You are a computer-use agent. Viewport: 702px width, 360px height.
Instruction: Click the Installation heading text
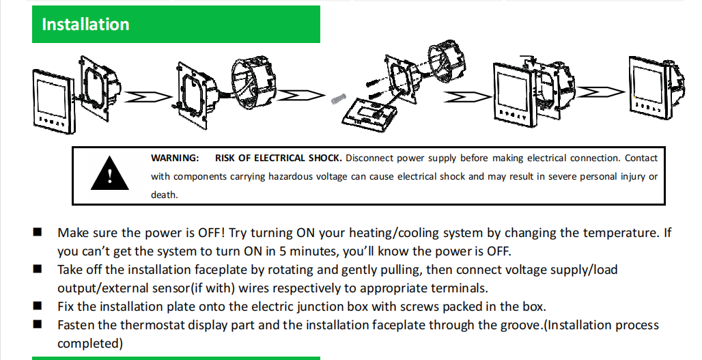[85, 25]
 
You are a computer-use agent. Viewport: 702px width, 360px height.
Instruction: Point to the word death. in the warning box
[165, 195]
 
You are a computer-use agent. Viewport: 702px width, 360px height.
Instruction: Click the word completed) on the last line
[90, 343]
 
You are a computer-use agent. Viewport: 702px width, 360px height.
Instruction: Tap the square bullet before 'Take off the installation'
[38, 269]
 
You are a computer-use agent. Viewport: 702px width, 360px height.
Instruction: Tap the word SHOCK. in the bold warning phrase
[326, 158]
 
